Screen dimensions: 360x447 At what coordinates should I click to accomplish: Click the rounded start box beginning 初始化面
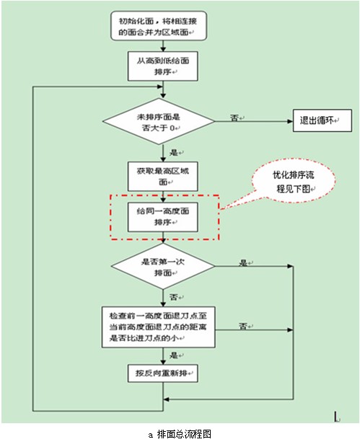click(158, 26)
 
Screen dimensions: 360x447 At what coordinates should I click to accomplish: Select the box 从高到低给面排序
click(162, 66)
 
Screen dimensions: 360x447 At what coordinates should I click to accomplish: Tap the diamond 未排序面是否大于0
click(158, 121)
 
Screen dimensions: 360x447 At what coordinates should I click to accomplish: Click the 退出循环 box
click(322, 120)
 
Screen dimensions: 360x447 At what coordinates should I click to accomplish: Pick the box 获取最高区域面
click(162, 176)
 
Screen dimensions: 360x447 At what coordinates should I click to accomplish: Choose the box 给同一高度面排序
click(162, 217)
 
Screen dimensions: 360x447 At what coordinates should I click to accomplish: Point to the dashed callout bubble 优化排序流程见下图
click(293, 181)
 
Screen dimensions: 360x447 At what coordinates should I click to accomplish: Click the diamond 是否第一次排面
click(162, 267)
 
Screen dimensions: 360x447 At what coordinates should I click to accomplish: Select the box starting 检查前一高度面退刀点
click(158, 327)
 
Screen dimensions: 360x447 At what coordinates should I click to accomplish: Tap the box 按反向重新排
click(162, 373)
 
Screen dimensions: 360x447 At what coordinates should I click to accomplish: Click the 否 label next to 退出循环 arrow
click(234, 118)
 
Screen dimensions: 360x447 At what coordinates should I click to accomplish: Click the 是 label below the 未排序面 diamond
click(174, 152)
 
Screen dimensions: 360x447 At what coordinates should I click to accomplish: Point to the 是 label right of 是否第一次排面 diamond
click(243, 262)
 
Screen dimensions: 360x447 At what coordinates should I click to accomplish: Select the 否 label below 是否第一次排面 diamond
click(174, 297)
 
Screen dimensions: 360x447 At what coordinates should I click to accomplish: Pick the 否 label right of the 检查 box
click(243, 326)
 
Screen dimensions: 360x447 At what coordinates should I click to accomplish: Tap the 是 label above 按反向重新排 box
click(174, 355)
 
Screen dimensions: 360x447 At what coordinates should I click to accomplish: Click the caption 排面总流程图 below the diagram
click(184, 434)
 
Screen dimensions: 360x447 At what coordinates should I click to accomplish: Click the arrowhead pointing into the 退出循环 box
click(290, 121)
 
